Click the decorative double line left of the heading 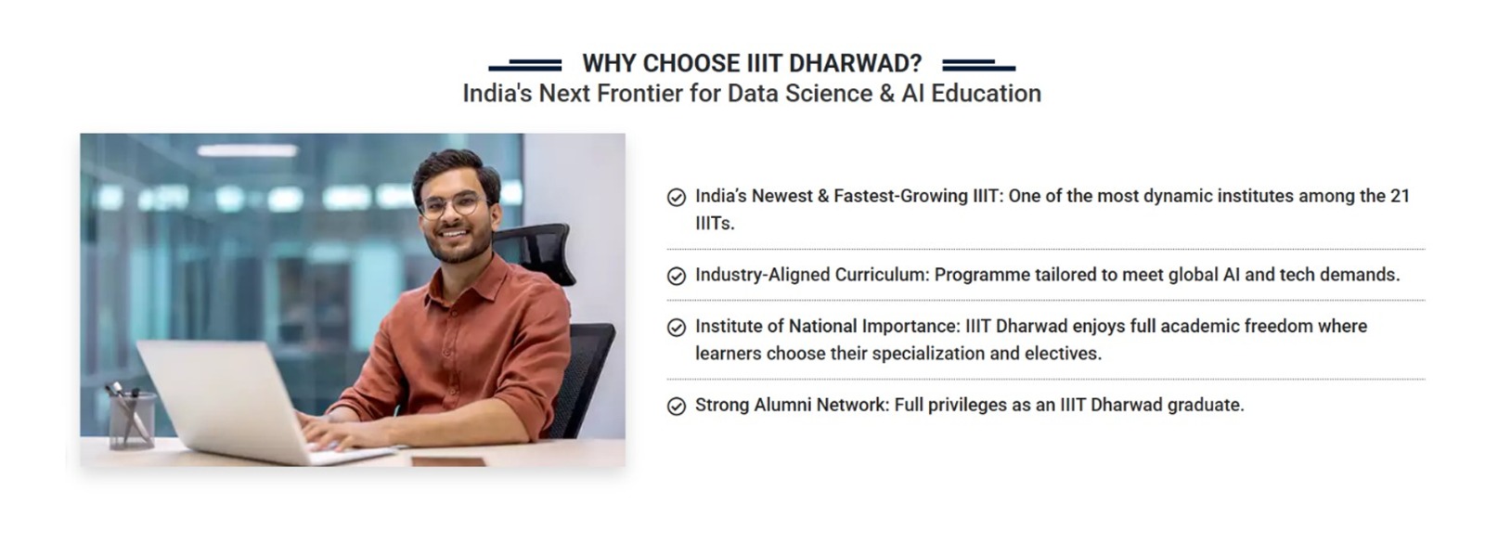(525, 65)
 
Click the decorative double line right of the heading (978, 65)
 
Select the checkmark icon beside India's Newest (677, 198)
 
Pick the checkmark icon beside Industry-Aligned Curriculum (677, 276)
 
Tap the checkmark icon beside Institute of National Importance (677, 328)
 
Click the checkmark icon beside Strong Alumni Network (677, 406)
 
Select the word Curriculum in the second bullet (882, 275)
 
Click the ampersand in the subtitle (887, 94)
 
